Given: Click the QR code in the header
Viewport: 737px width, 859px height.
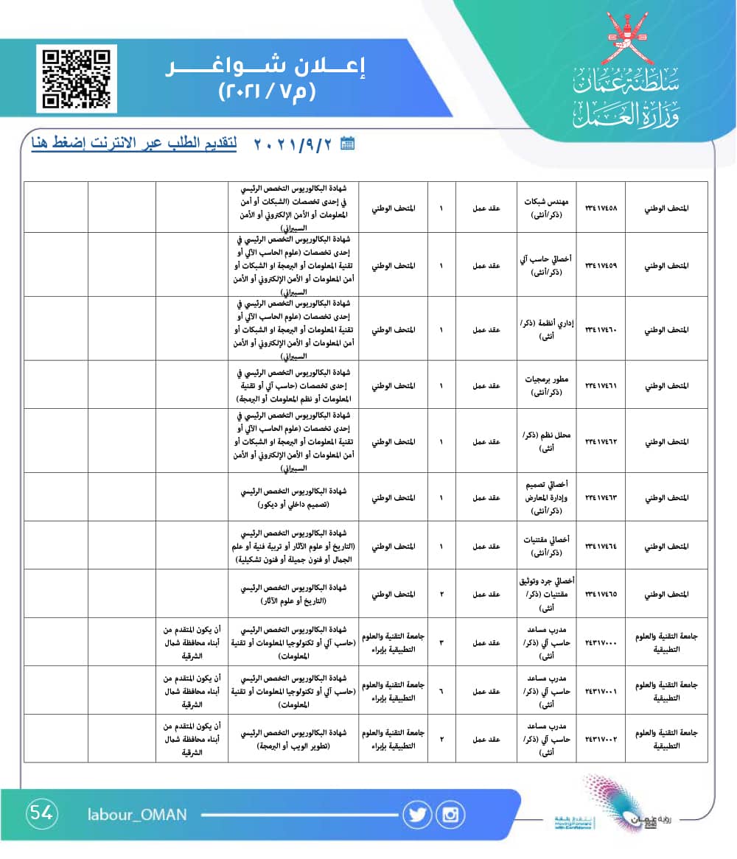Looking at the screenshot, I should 77,78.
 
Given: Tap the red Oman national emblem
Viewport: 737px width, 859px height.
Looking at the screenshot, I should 626,38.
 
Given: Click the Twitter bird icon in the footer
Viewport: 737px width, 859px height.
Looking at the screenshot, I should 417,814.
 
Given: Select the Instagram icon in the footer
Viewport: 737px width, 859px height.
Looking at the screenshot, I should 450,814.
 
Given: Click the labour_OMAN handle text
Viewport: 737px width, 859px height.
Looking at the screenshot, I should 137,814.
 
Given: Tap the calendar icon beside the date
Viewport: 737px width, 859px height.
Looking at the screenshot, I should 348,144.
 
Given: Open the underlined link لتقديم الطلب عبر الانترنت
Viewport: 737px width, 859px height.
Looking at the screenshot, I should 134,143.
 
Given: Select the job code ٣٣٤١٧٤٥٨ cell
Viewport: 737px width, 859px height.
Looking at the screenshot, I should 600,208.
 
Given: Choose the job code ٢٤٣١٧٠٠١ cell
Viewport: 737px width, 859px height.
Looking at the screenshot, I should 600,690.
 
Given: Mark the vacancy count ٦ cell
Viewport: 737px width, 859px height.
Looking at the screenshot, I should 441,690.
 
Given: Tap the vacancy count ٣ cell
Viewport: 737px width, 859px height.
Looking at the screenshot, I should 441,642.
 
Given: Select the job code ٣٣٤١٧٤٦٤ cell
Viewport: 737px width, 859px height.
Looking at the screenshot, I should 600,546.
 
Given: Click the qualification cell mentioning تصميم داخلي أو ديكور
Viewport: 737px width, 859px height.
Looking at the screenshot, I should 293,497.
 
